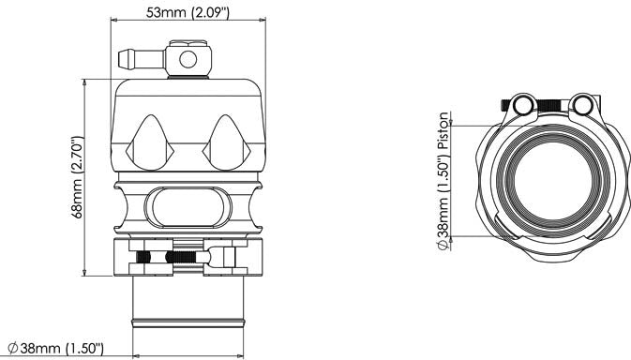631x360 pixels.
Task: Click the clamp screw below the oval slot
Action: pos(164,257)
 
